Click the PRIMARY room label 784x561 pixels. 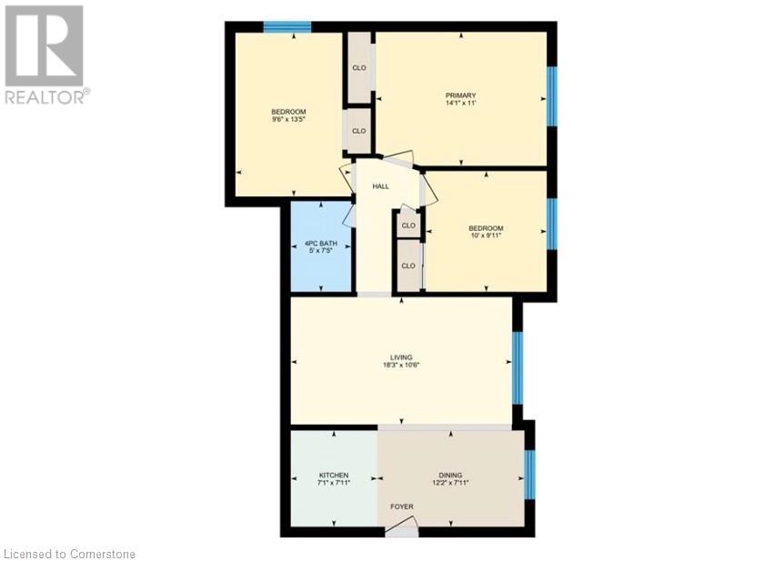[x=461, y=95]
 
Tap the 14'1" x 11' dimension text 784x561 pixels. [x=461, y=104]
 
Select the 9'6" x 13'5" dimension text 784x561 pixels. [x=287, y=120]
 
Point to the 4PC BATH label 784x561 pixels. [x=321, y=243]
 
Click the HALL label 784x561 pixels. [x=380, y=186]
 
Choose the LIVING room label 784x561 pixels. [x=401, y=357]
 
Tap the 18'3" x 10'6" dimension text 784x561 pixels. [x=401, y=366]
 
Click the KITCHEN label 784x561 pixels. [x=334, y=476]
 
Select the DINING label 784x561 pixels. [x=450, y=476]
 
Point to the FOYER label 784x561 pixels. [x=401, y=507]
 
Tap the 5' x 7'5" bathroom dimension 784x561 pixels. [x=321, y=251]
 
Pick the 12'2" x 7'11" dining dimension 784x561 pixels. [x=450, y=484]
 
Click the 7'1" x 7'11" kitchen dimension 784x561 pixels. [x=334, y=484]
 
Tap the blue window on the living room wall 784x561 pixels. [x=518, y=367]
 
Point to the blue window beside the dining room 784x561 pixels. [x=530, y=476]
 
